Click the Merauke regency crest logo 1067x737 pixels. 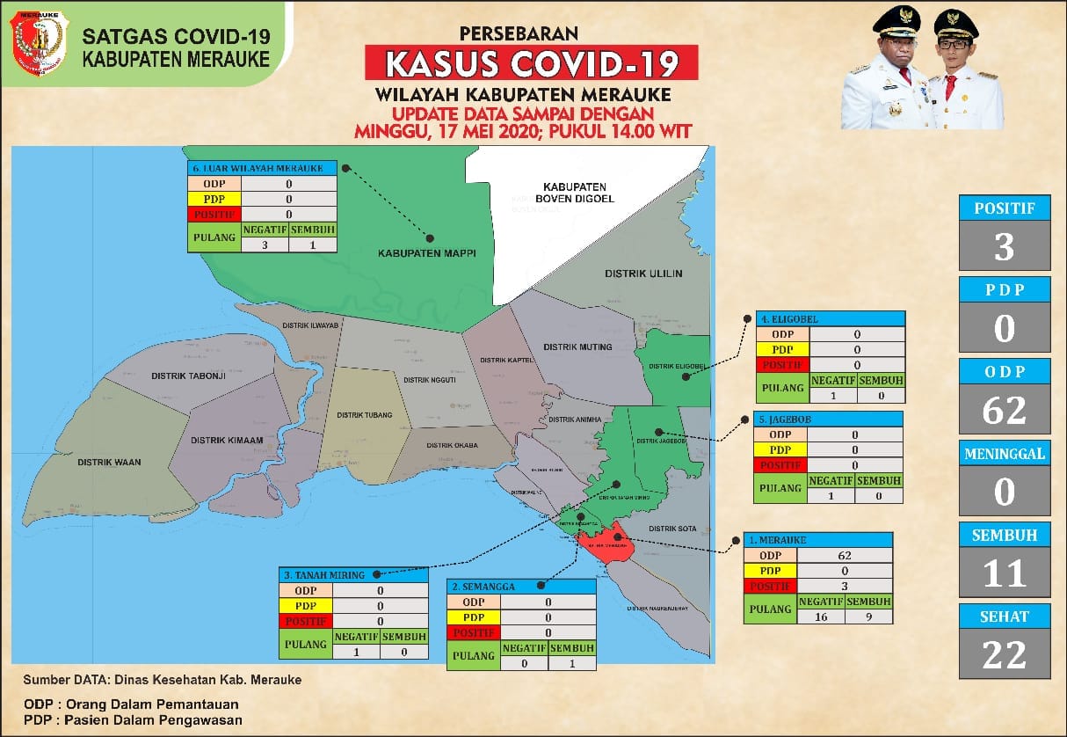(39, 43)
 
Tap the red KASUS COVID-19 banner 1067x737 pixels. (532, 63)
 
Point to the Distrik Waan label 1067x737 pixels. (109, 462)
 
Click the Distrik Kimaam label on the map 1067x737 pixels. (220, 440)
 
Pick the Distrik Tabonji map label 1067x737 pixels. (189, 376)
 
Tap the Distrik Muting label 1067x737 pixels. (577, 347)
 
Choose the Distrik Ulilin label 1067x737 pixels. (643, 274)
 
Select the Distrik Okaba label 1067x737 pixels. (452, 445)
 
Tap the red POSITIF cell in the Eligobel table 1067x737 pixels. (782, 365)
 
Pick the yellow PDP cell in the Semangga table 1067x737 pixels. (473, 617)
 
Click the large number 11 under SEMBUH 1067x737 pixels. (1005, 573)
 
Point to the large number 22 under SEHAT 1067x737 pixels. (1005, 654)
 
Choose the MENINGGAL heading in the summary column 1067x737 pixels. (1005, 454)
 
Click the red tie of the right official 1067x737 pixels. (950, 88)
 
